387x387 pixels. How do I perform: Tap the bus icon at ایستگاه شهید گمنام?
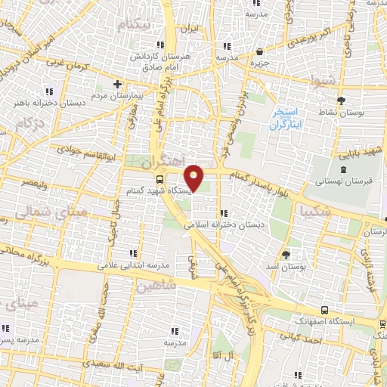(159, 179)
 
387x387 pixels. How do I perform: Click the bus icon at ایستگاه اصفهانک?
(324, 311)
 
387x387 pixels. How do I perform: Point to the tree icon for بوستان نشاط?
(340, 99)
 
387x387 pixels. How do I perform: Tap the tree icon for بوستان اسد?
(286, 254)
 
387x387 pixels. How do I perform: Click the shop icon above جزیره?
(261, 52)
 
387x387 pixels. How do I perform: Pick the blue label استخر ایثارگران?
(285, 119)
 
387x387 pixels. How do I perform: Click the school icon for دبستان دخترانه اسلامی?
(223, 212)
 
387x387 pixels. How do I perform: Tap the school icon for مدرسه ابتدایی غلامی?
(133, 252)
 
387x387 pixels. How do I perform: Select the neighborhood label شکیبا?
(316, 209)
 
